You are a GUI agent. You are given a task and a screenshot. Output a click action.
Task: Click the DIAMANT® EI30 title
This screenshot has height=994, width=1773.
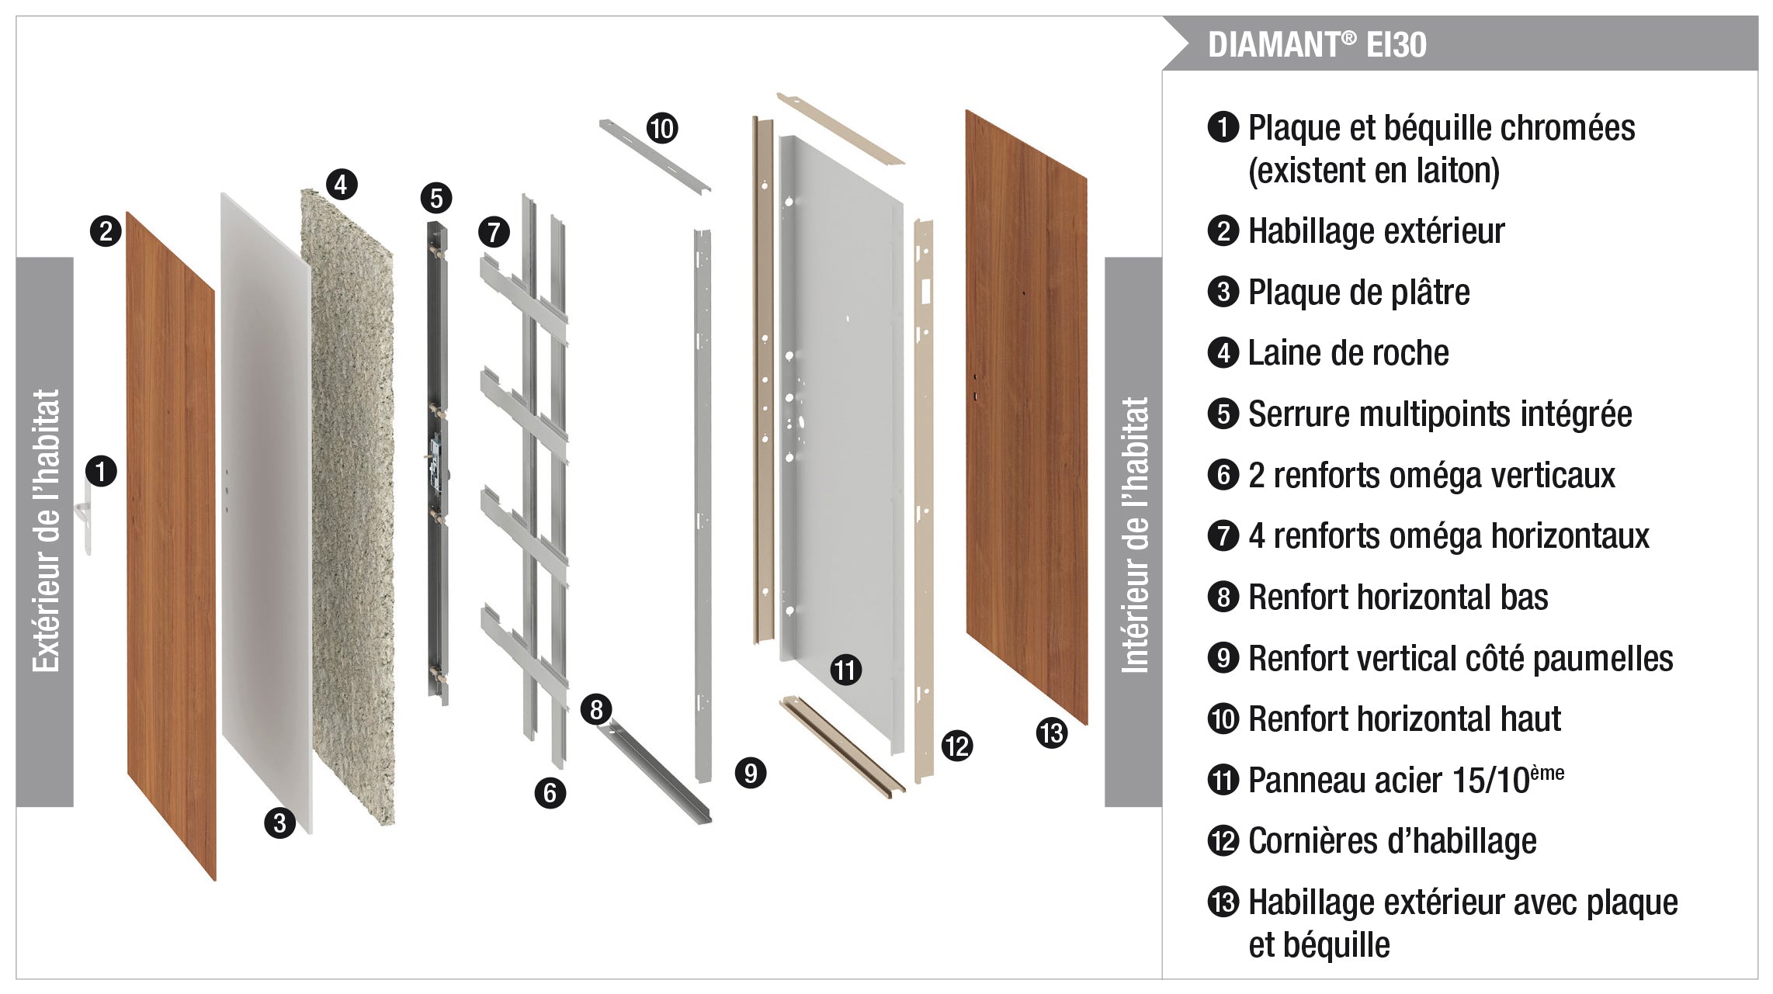(x=1317, y=44)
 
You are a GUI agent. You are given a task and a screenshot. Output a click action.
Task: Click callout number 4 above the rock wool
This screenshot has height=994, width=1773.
(x=342, y=185)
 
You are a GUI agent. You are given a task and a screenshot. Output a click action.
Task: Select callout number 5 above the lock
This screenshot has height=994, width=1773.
(x=436, y=198)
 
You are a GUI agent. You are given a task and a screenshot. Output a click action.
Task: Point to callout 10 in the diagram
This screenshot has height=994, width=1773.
(x=662, y=128)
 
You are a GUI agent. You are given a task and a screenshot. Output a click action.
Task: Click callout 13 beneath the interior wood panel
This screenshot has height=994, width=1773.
(x=1052, y=733)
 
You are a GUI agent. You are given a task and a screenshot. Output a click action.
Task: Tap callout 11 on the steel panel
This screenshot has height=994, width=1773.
(x=845, y=669)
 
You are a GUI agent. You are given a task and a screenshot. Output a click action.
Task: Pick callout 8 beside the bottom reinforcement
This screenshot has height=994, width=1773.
(x=596, y=709)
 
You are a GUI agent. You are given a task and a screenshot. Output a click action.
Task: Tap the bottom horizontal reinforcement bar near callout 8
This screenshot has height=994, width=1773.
(x=660, y=772)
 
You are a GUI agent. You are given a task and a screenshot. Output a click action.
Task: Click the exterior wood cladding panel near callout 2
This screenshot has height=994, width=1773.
(x=171, y=543)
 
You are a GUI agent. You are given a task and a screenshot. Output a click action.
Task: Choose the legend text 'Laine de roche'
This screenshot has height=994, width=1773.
(x=1348, y=353)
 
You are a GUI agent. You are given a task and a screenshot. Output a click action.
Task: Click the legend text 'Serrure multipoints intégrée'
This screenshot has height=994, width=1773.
(x=1439, y=414)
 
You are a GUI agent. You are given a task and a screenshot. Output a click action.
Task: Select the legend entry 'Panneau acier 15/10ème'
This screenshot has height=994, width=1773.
(x=1405, y=779)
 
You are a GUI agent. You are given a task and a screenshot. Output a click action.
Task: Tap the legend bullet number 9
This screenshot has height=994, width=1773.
(x=1223, y=658)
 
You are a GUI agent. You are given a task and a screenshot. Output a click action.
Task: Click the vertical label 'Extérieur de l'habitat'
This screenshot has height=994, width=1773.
(x=45, y=532)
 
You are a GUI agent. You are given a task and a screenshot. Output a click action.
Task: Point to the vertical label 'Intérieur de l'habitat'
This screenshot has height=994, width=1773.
(x=1133, y=534)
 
